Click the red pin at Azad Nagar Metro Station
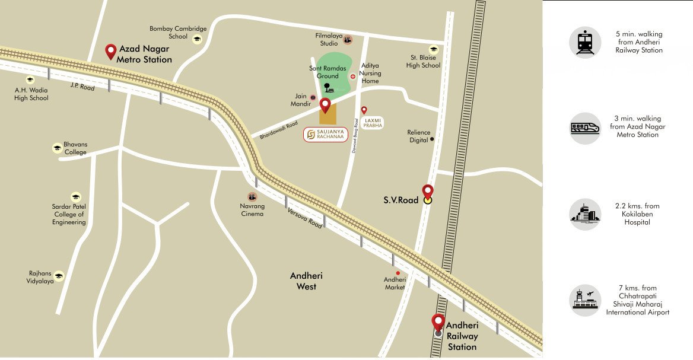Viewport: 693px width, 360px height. tap(110, 52)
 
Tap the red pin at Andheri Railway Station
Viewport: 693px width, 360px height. tap(438, 323)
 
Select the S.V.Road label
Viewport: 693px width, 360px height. tap(400, 200)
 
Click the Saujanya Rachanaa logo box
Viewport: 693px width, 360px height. tap(325, 135)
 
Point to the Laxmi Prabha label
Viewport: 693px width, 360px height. tap(374, 123)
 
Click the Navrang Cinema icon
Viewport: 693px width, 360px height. tap(253, 196)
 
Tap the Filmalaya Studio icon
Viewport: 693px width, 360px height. tap(348, 40)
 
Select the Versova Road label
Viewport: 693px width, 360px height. tap(305, 218)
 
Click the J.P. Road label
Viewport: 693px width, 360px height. tap(82, 87)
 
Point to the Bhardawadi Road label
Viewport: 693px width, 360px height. tap(278, 126)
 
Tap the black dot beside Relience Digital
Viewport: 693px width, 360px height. tap(432, 139)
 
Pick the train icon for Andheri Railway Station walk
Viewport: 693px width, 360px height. tap(585, 42)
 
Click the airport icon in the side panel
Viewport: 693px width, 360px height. tap(585, 300)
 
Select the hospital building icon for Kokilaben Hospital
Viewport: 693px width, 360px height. tap(585, 214)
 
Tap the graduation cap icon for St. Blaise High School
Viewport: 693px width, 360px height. tap(434, 49)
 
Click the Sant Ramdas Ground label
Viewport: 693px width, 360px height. tap(324, 72)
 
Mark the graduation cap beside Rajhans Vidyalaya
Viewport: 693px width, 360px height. tap(59, 276)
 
